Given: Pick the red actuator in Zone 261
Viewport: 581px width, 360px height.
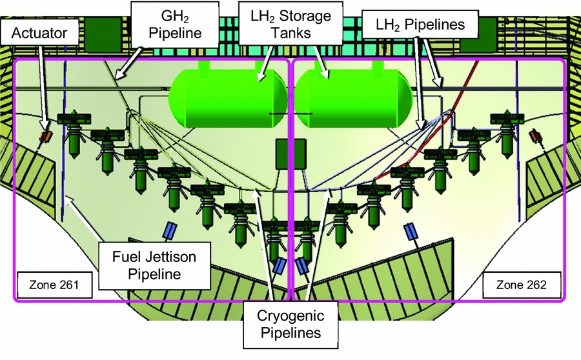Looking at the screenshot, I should coord(46,136).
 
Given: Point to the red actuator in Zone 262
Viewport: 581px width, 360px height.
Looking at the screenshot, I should coord(534,135).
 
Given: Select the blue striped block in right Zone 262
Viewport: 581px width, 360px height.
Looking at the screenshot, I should coord(410,232).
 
